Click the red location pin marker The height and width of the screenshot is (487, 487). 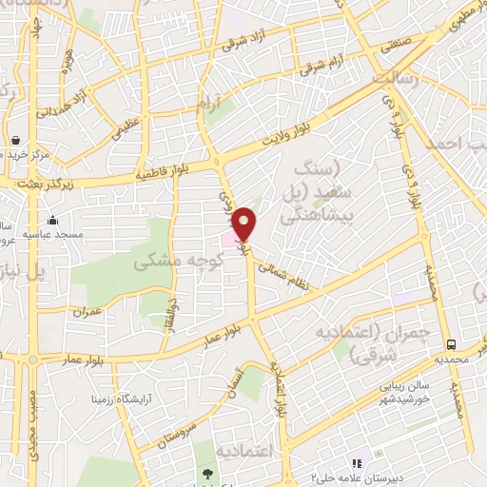click(x=245, y=224)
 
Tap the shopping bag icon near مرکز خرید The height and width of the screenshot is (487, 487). click(x=16, y=138)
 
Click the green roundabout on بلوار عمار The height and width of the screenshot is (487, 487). click(x=32, y=360)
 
